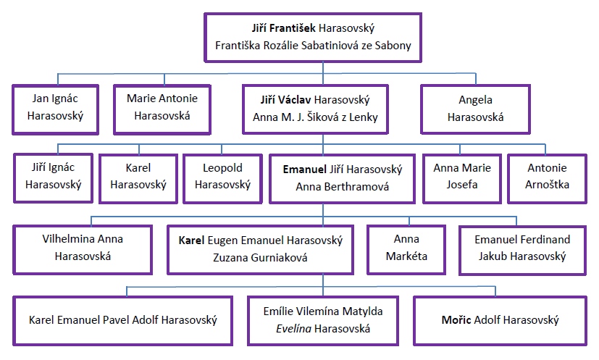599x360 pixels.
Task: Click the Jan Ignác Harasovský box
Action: [x=54, y=109]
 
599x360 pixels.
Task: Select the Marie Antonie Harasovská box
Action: [x=156, y=109]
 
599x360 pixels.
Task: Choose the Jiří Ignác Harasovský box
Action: [x=54, y=176]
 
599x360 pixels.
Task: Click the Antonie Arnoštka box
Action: [x=547, y=176]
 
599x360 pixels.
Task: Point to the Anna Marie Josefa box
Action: [x=461, y=176]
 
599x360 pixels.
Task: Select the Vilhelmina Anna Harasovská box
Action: [x=83, y=248]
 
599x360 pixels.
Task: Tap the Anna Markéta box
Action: [x=406, y=248]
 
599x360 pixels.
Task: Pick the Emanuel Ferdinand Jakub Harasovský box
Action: [x=521, y=248]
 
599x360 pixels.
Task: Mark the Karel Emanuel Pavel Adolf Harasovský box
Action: [x=122, y=319]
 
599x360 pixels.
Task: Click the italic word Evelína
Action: [x=287, y=328]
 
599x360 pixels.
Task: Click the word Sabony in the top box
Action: [x=393, y=46]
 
